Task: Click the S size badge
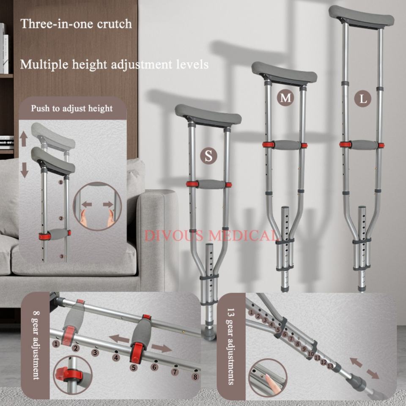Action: coord(208,156)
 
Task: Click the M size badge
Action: coord(285,98)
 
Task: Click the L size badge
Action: coord(363,99)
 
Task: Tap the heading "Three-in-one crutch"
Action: coord(76,24)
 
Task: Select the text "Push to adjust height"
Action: coord(72,108)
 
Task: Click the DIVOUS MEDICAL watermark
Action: coord(209,236)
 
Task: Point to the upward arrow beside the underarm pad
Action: coord(24,139)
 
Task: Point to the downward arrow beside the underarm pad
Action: coord(25,170)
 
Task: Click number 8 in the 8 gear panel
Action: coord(195,376)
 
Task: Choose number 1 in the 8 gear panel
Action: coord(56,344)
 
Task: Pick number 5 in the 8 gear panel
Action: coord(134,367)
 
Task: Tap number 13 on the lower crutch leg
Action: coord(330,366)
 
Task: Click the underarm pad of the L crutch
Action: coord(362,16)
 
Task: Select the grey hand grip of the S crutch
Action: coord(211,184)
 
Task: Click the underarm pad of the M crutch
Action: coord(284,74)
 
